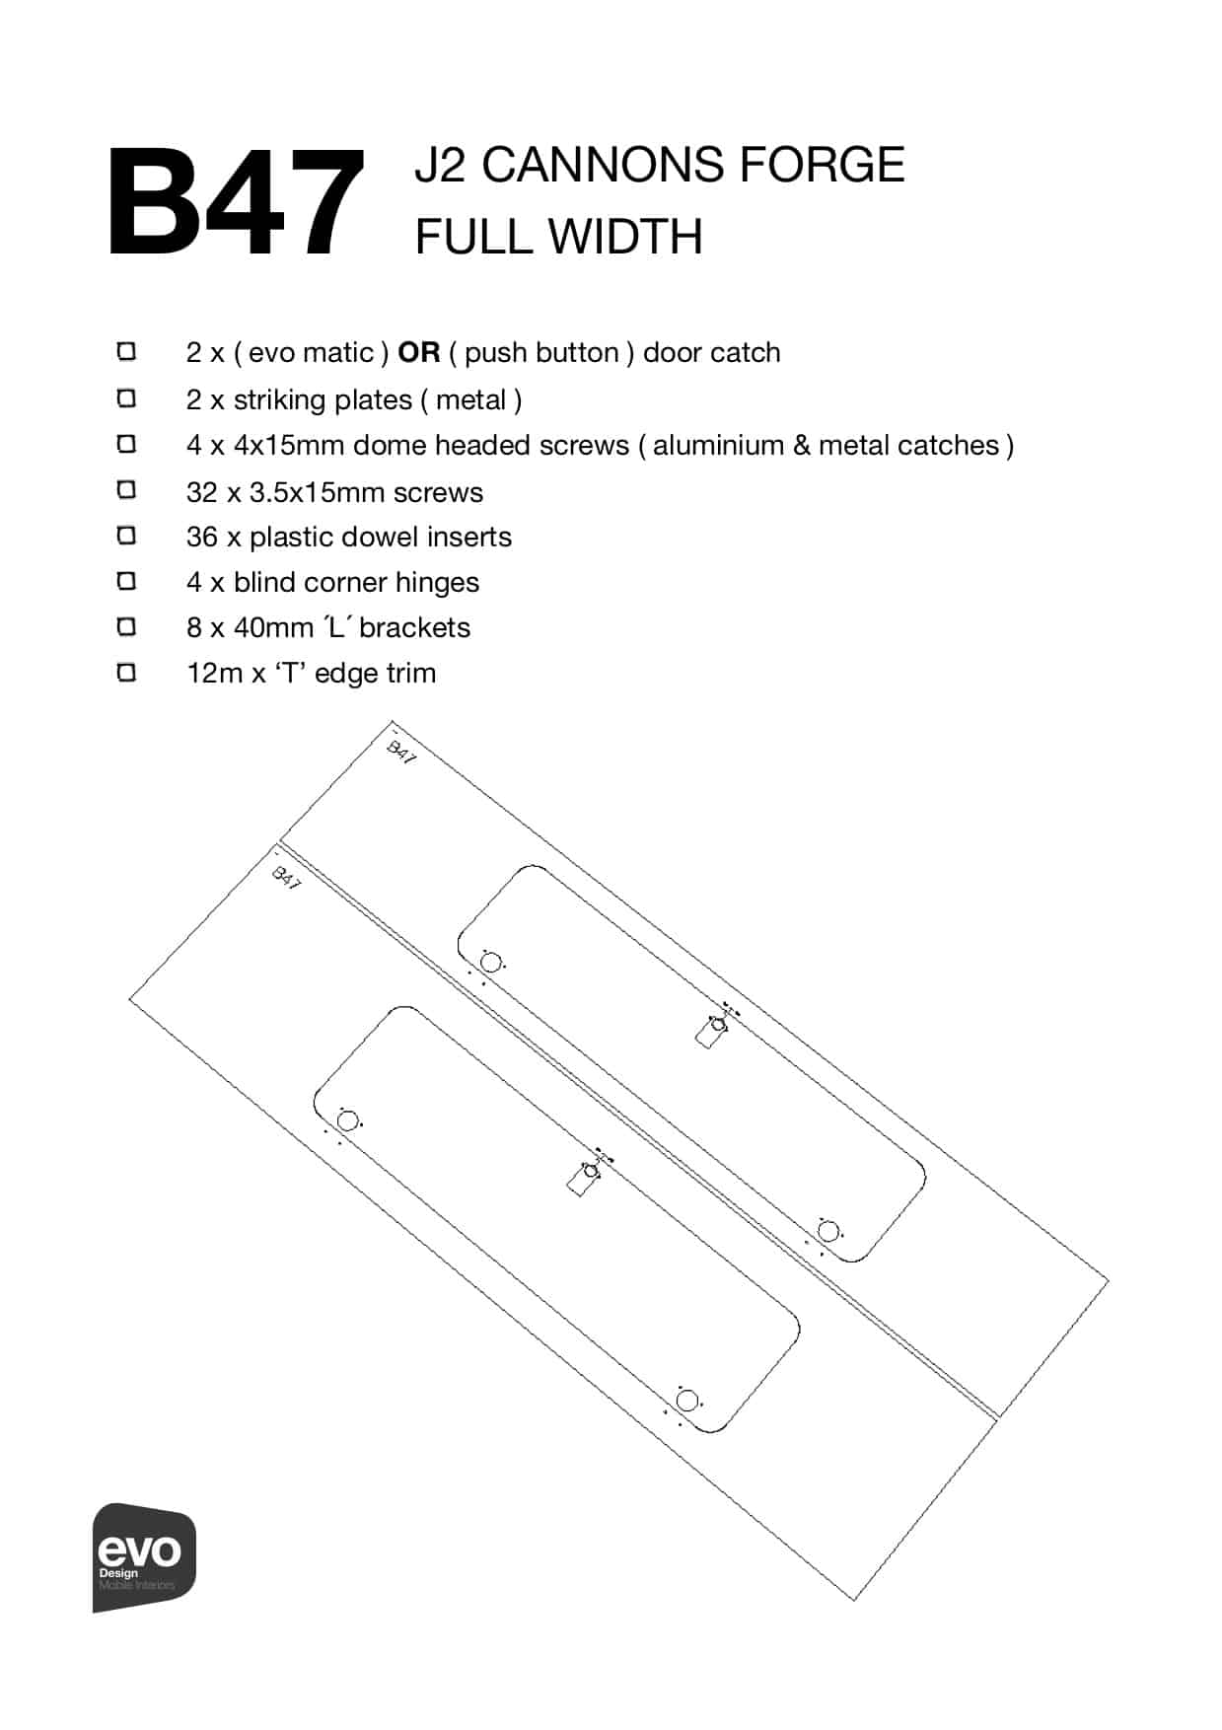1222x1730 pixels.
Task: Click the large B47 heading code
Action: pyautogui.click(x=235, y=203)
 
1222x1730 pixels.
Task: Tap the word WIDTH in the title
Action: pyautogui.click(x=625, y=238)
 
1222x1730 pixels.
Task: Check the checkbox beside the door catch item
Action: pyautogui.click(x=126, y=352)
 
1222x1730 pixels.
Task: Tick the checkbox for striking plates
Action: pyautogui.click(x=126, y=398)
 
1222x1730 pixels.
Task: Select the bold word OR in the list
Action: pyautogui.click(x=418, y=353)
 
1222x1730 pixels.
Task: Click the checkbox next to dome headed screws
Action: pyautogui.click(x=126, y=444)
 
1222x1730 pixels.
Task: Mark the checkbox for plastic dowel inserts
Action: pyautogui.click(x=126, y=536)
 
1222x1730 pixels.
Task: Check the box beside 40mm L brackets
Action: pyautogui.click(x=126, y=626)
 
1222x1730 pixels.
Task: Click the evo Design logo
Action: pyautogui.click(x=144, y=1557)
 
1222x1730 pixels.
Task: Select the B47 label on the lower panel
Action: pyautogui.click(x=286, y=878)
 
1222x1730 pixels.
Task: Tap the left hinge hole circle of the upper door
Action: pyautogui.click(x=490, y=963)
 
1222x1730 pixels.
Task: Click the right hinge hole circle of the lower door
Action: pyautogui.click(x=687, y=1400)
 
